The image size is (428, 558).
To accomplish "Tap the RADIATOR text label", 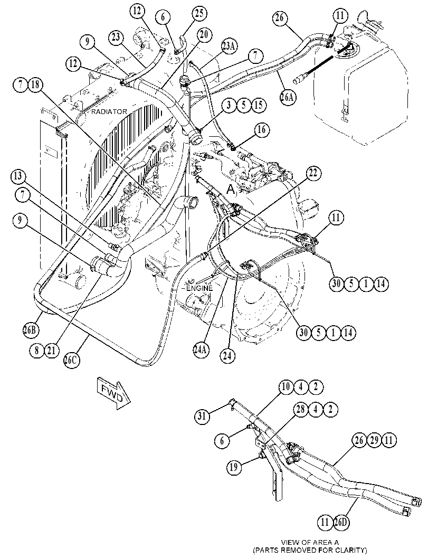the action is [109, 112].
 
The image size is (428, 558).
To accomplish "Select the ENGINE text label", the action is [199, 288].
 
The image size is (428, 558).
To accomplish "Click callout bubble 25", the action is [199, 14].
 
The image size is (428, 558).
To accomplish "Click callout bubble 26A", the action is [288, 97].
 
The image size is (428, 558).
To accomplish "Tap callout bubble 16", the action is [261, 130].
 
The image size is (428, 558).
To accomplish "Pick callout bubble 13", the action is [18, 176].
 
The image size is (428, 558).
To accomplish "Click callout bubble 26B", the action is [30, 330].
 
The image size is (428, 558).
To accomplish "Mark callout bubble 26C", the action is [72, 360].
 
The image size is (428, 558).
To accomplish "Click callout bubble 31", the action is [202, 416].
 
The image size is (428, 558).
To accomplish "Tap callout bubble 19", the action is [234, 467].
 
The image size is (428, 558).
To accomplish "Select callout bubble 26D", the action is [340, 522].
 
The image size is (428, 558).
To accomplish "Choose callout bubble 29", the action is [374, 440].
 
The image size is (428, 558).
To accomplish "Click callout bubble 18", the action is [35, 84].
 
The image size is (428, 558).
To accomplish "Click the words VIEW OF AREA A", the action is [310, 543].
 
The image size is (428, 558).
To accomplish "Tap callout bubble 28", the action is [301, 409].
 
